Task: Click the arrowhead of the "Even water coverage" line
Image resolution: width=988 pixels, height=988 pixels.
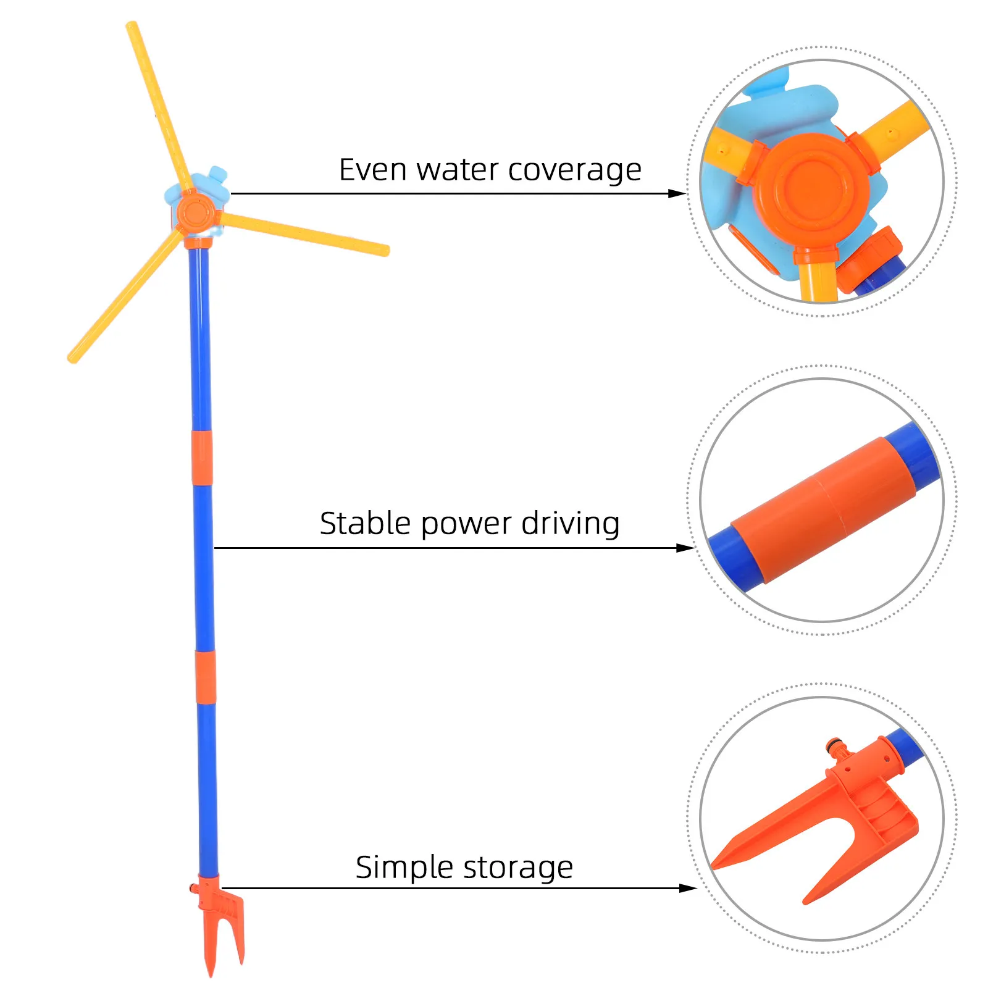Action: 677,193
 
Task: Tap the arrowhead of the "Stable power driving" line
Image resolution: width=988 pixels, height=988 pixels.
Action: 686,548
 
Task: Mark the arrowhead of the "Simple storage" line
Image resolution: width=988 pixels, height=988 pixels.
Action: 688,889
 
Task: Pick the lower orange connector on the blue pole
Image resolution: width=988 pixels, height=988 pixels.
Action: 206,677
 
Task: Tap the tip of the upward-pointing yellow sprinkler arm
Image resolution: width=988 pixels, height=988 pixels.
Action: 131,26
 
